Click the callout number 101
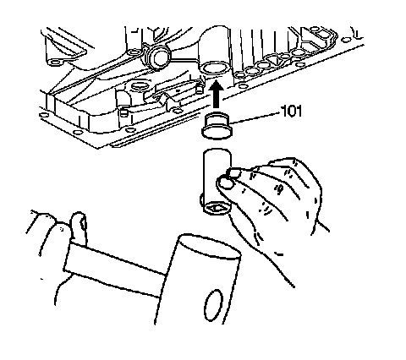click(x=292, y=111)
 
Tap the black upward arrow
click(x=216, y=94)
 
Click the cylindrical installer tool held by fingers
click(x=217, y=182)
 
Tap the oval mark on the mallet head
click(x=213, y=305)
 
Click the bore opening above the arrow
click(x=213, y=68)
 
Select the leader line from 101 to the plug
click(x=255, y=117)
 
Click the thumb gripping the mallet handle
click(x=79, y=226)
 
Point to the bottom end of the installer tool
click(x=216, y=209)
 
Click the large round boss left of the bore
click(x=158, y=57)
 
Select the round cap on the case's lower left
click(x=140, y=85)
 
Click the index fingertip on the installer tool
click(x=234, y=172)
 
